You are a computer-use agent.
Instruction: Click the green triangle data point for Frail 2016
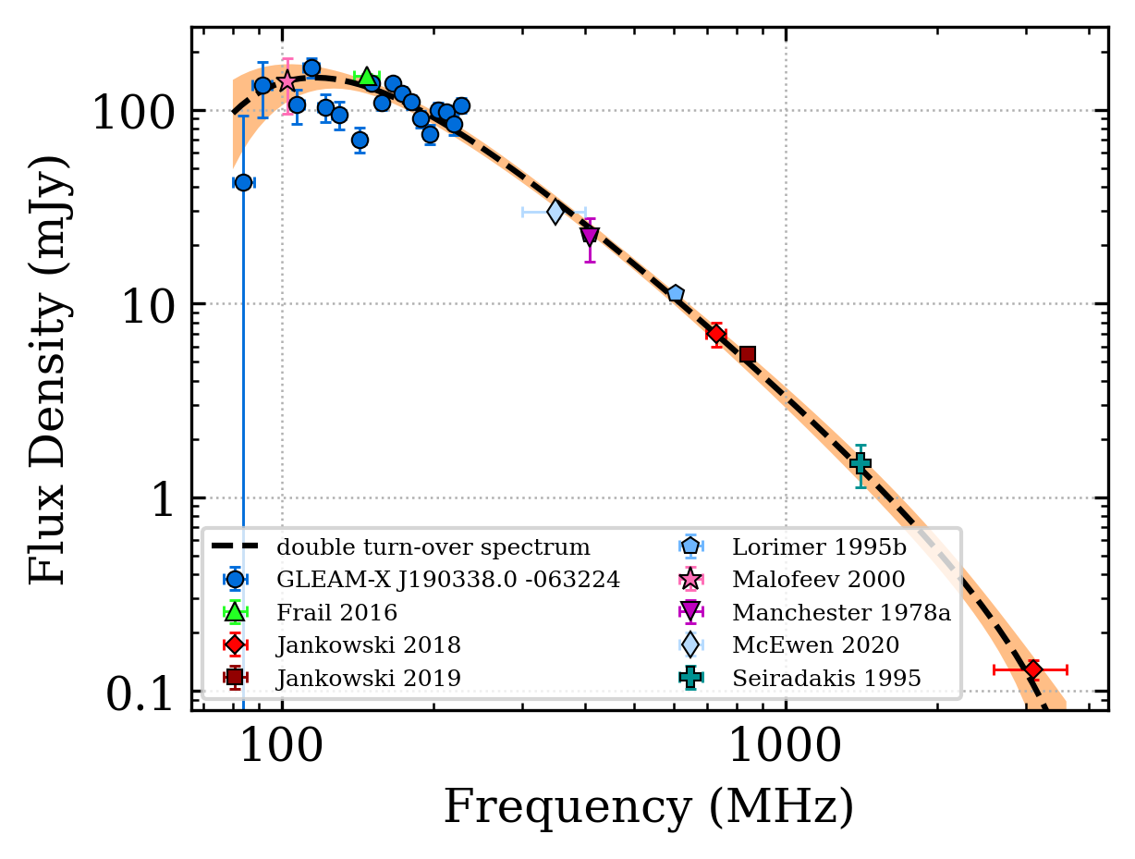pos(367,77)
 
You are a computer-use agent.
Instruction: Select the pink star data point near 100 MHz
pos(287,81)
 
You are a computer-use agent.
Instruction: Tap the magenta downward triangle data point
pos(590,237)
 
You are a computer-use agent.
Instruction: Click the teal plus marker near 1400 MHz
pos(860,463)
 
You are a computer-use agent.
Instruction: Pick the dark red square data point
pos(748,354)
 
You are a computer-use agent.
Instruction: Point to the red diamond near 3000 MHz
pos(1033,669)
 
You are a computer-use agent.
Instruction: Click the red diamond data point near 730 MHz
pos(716,333)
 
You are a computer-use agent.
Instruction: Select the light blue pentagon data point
pos(676,294)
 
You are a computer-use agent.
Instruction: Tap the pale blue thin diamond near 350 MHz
pos(555,213)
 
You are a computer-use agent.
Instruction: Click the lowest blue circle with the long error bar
pos(243,182)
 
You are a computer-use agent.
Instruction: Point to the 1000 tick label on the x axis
pos(786,746)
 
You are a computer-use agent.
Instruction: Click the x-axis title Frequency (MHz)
pos(648,807)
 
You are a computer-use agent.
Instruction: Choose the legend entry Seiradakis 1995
pos(825,678)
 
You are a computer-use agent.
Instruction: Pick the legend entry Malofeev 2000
pos(818,579)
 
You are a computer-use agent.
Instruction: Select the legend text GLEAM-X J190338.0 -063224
pos(447,580)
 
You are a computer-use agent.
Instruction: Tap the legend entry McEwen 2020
pos(814,644)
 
